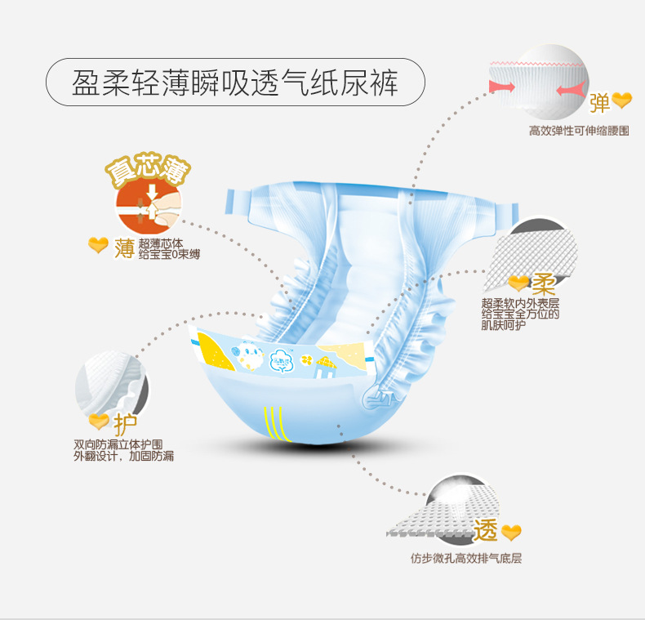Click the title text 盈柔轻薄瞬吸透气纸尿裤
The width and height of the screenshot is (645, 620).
(x=235, y=83)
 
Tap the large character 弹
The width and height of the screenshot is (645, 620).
(x=599, y=103)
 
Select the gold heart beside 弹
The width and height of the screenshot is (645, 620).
(x=622, y=100)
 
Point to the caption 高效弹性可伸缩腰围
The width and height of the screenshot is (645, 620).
(x=578, y=131)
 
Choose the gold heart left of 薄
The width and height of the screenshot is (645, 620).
(x=98, y=244)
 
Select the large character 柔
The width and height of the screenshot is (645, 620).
(x=543, y=285)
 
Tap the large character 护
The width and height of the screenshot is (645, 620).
(x=125, y=424)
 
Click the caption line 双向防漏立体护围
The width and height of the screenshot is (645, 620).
(x=122, y=444)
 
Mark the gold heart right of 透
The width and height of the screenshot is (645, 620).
(x=511, y=533)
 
